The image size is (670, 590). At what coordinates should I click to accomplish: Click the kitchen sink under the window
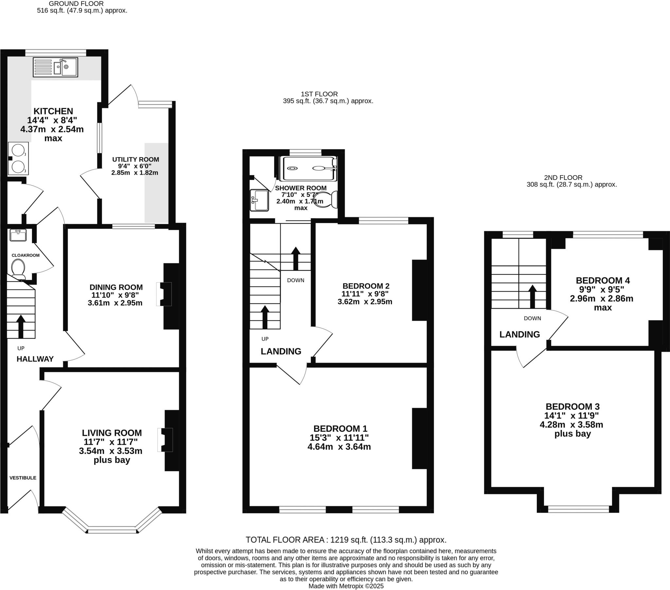point(55,67)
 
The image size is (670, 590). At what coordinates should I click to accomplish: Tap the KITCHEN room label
point(53,111)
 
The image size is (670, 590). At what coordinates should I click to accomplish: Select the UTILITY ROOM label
point(135,160)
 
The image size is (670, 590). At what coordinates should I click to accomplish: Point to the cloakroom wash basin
point(18,235)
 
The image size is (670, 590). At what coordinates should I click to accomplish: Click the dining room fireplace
point(165,294)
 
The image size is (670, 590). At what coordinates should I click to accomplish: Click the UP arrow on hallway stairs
point(21,326)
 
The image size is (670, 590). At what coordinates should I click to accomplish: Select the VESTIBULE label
point(23,478)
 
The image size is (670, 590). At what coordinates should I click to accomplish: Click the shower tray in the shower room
point(308,168)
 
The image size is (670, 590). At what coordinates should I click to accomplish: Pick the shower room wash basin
point(259,200)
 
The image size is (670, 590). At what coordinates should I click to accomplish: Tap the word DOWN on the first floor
point(295,280)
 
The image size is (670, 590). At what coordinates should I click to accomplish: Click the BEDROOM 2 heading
point(365,286)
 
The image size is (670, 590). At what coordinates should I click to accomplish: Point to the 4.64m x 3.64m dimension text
point(339,447)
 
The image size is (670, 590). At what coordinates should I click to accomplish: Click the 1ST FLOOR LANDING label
point(281,351)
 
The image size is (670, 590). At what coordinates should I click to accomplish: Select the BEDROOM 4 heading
point(603,281)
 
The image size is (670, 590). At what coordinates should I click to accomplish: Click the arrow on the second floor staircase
point(532,296)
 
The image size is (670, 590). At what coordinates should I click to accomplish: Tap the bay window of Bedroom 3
point(578,509)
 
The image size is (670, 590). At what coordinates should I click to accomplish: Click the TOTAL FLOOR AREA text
point(346,540)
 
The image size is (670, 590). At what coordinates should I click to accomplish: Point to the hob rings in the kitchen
point(18,159)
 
